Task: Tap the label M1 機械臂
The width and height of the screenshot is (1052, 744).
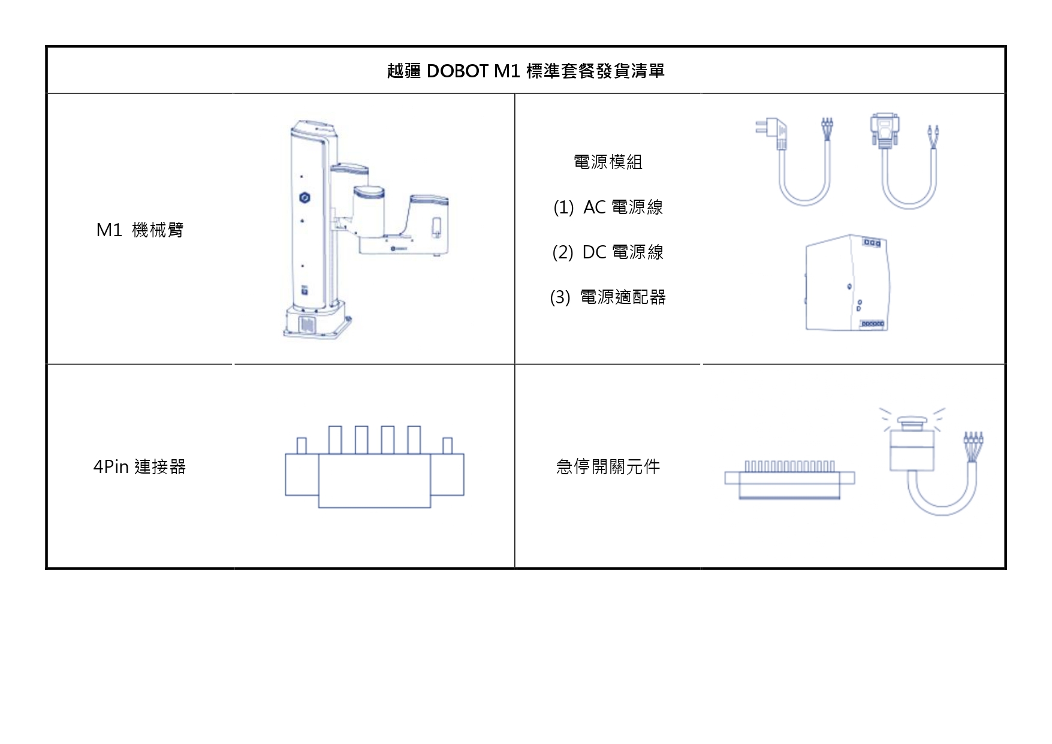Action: point(140,230)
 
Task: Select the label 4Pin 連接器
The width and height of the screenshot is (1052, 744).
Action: point(140,466)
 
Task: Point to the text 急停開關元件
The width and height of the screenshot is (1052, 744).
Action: point(608,466)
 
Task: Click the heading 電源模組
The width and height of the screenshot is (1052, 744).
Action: point(608,162)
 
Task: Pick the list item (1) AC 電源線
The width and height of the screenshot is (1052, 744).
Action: point(608,207)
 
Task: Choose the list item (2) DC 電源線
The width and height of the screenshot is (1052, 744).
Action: point(608,252)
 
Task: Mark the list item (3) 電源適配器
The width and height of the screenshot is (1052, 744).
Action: point(608,297)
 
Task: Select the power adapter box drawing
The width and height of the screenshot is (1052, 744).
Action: point(846,283)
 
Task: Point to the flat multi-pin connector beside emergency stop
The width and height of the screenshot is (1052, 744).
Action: point(789,480)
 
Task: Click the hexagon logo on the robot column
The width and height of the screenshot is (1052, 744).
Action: point(305,197)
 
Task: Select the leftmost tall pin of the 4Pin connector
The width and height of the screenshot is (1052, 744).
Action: point(335,439)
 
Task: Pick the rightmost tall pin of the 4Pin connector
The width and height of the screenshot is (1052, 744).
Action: point(414,439)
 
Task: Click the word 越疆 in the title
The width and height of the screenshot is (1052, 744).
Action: point(404,71)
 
